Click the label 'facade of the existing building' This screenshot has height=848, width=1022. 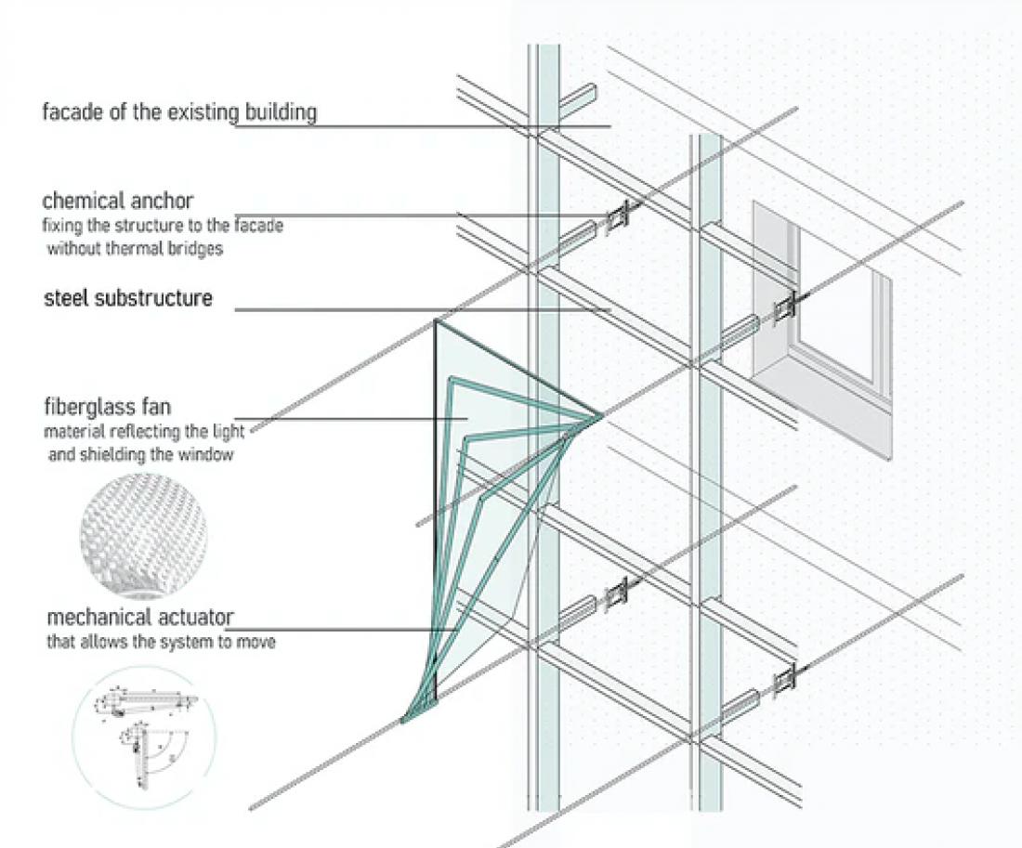pos(179,112)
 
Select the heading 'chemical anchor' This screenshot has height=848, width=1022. pos(118,201)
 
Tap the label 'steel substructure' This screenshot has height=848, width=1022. pos(128,298)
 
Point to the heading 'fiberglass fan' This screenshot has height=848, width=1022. pos(108,407)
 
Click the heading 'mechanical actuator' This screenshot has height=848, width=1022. pos(140,617)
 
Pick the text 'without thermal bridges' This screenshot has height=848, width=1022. pos(135,248)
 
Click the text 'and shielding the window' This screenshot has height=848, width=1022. pos(141,454)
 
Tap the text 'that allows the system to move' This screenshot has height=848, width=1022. pos(161,642)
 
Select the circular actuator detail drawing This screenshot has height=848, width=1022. pos(143,737)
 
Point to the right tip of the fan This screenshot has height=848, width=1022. pos(601,415)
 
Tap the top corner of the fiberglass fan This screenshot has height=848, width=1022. pos(436,320)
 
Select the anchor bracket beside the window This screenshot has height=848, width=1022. pos(784,307)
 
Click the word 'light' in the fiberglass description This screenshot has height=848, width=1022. pos(229,432)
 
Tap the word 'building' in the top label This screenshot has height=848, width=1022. pos(281,112)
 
